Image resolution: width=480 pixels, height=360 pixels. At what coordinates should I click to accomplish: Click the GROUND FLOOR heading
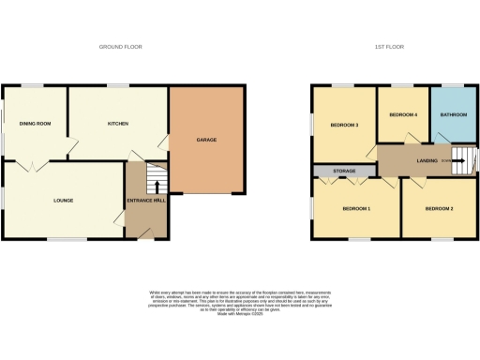coord(121,46)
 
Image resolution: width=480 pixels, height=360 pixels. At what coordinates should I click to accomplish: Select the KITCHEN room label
coord(117,123)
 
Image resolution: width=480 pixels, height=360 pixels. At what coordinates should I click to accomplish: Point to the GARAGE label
coord(207,139)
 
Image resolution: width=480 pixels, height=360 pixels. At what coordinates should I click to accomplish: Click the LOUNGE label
coord(63,201)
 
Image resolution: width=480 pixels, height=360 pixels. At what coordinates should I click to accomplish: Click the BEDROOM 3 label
coord(344,125)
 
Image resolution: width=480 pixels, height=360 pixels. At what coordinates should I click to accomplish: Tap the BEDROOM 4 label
coord(403,114)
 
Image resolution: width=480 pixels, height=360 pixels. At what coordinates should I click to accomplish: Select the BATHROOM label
coord(453,114)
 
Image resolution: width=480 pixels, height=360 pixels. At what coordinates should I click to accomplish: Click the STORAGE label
coord(343,172)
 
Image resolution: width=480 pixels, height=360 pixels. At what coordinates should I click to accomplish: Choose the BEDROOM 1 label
coord(356,208)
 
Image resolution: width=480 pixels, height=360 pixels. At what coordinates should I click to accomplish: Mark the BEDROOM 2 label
coord(440,208)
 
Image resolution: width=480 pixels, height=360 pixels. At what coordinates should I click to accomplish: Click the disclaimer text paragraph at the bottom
coord(240,300)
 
